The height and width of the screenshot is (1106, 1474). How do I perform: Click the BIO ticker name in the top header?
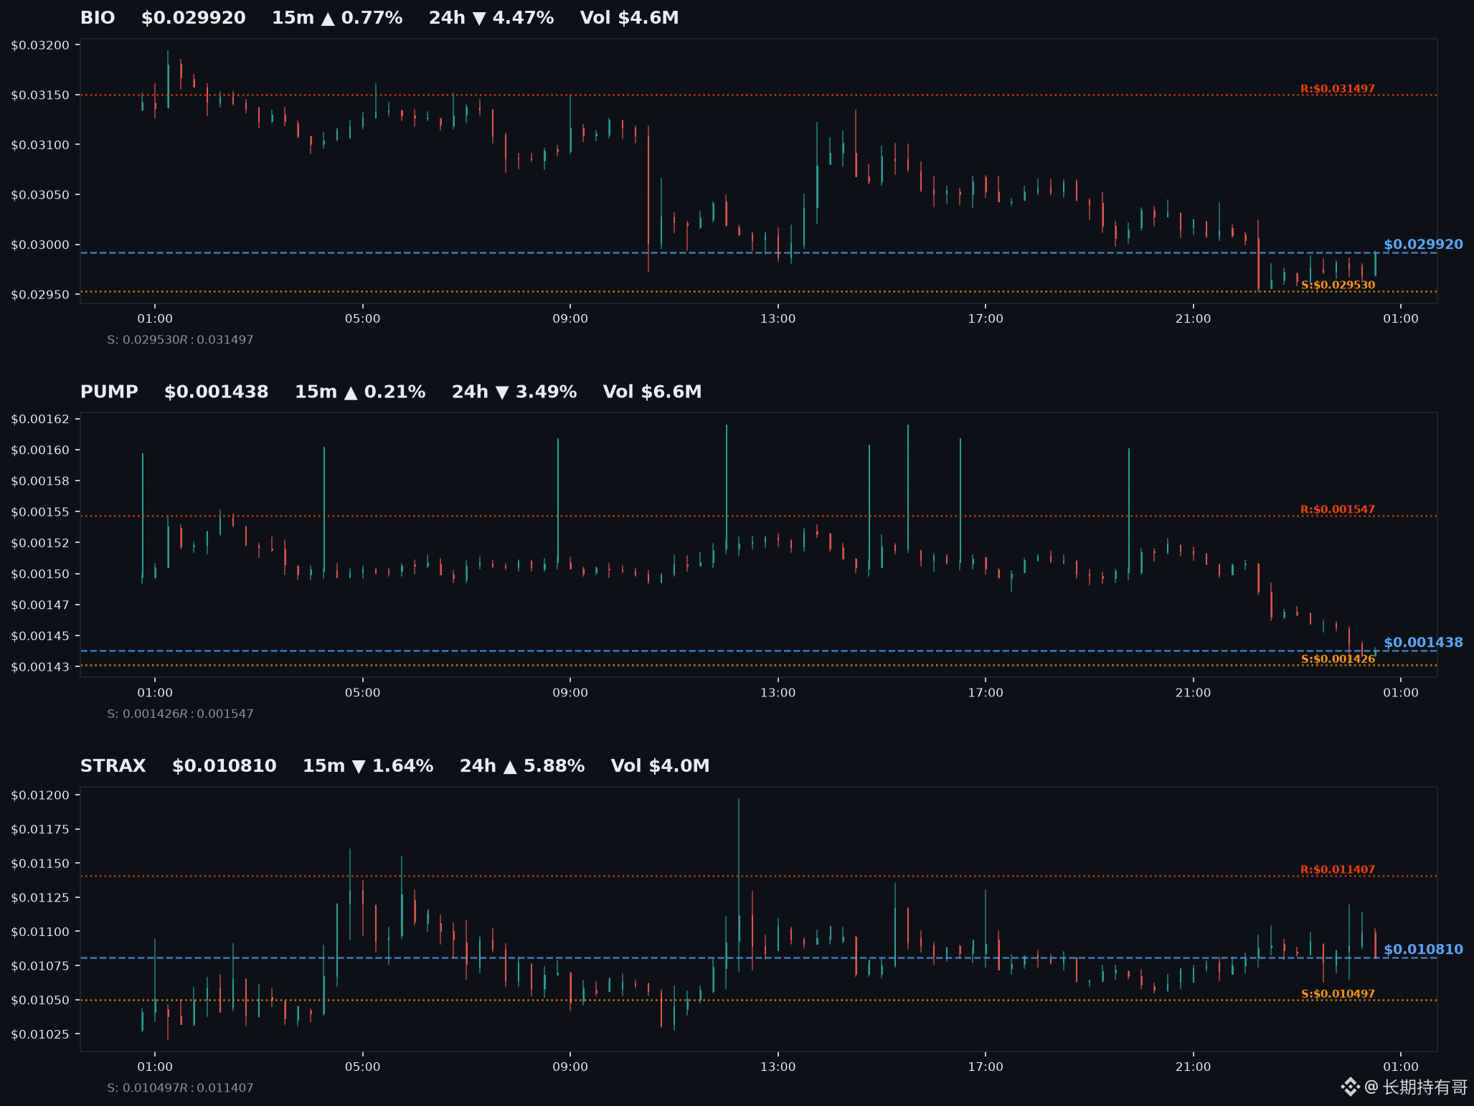[98, 18]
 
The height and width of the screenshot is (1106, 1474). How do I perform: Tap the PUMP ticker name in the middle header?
[109, 392]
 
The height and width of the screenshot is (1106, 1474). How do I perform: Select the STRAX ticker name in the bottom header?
[113, 766]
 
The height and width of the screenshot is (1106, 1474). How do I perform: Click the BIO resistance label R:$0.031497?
[1338, 89]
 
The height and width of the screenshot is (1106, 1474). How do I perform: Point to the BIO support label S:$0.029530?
[1338, 285]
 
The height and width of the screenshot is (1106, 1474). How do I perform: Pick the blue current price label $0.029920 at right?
[1423, 245]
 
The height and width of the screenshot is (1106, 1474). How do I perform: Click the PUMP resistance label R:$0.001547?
[1338, 510]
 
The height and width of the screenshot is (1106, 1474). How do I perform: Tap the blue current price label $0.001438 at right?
[1423, 643]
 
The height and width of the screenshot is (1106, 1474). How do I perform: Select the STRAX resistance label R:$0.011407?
[1338, 870]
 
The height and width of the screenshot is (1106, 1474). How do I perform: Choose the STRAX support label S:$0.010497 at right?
[1338, 994]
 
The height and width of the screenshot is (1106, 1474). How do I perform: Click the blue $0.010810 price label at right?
[1423, 950]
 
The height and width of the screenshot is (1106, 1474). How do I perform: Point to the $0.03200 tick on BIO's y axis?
[40, 45]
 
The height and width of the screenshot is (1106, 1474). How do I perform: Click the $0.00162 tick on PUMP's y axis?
[40, 419]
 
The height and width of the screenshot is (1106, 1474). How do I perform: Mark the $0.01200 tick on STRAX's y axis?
[40, 795]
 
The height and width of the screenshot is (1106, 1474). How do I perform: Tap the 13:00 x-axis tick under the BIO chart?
[778, 318]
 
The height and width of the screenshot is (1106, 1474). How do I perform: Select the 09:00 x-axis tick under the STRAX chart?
[570, 1067]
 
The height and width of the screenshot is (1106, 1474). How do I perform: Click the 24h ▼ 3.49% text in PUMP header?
[514, 392]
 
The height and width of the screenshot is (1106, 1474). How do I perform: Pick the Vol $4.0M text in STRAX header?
[660, 766]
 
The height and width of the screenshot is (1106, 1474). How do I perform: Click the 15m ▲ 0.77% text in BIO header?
[337, 18]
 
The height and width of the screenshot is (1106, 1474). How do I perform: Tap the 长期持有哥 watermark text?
[1425, 1087]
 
